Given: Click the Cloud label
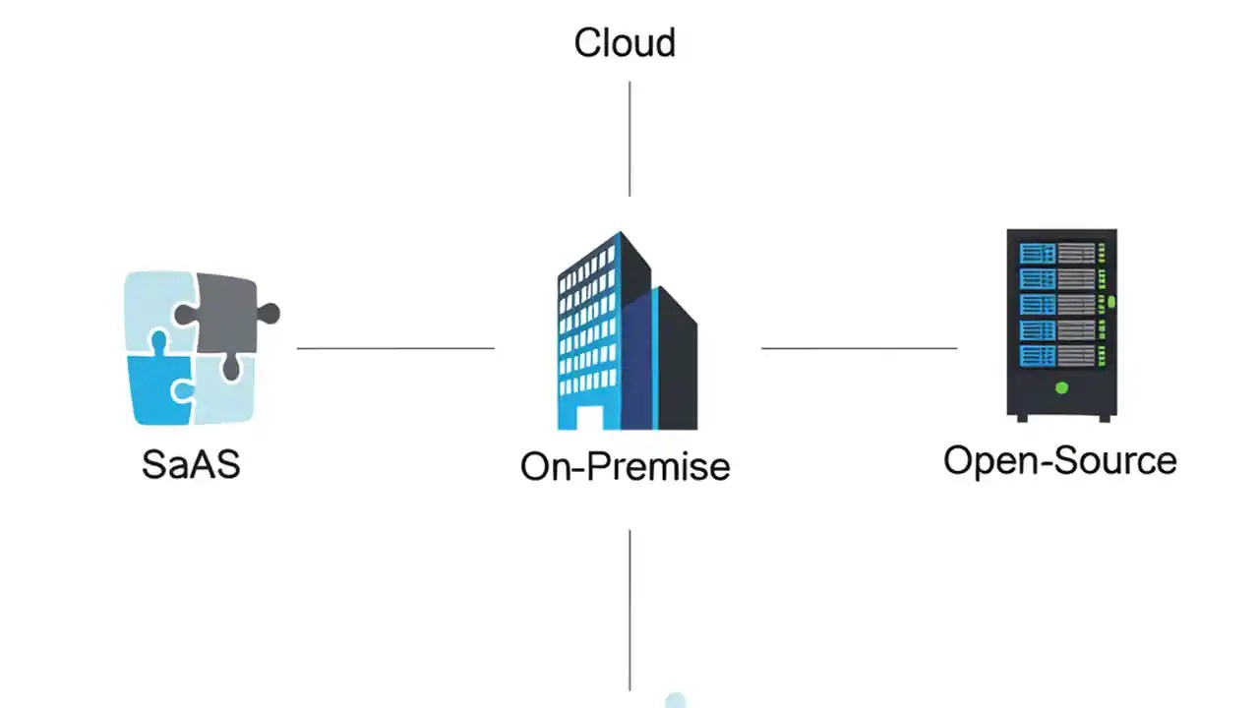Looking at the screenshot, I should pos(625,43).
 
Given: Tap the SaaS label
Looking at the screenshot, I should pos(191,464).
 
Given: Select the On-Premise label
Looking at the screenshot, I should pos(625,466).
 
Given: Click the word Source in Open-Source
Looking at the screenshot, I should pos(1121,460).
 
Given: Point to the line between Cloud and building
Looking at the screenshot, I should pos(629,138).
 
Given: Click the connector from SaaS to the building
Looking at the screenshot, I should pos(395,348).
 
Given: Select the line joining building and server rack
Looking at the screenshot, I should pos(859,348).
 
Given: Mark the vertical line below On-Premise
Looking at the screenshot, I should pos(629,610).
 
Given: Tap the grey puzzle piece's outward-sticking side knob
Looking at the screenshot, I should pos(268,315).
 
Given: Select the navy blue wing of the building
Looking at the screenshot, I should pos(637,364).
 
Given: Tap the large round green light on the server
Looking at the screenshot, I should pos(1061,388).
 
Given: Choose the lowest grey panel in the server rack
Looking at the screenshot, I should pos(1076,355).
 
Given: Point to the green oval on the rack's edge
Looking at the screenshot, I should pos(1110,301).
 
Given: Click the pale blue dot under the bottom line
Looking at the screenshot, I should pos(675,700).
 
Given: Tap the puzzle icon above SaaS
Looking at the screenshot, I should pos(193,349).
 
